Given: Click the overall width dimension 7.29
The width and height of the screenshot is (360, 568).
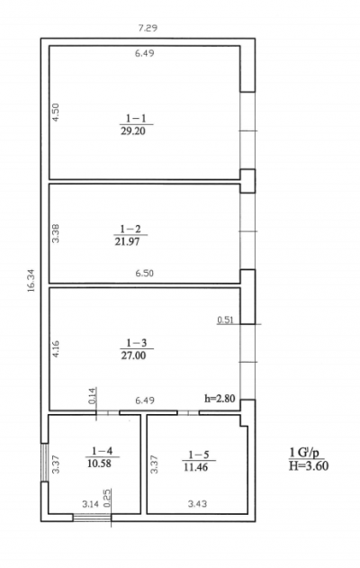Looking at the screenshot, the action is (x=148, y=28).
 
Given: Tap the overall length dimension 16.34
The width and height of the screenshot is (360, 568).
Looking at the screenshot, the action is (x=31, y=280).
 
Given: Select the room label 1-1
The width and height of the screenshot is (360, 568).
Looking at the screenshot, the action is (x=136, y=118).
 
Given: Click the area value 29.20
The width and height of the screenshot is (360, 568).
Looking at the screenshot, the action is (x=133, y=131).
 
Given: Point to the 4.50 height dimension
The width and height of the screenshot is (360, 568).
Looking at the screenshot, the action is (x=56, y=113).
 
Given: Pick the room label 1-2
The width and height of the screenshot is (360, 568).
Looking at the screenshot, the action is (x=130, y=229).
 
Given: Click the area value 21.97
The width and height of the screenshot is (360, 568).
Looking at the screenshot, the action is (x=127, y=241).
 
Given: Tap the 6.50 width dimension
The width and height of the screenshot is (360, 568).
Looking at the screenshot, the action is (x=145, y=273).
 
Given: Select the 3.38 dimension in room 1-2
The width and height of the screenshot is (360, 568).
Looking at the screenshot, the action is (x=56, y=234).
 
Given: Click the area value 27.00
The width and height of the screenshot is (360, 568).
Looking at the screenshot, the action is (x=133, y=356).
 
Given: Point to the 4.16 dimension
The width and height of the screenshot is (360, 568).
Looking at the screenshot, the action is (x=56, y=348).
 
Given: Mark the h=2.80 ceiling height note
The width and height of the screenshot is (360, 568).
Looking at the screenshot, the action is (x=220, y=399).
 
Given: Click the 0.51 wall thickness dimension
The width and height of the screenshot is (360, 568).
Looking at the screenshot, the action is (x=225, y=320).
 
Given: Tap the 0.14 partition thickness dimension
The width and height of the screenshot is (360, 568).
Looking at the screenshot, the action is (x=93, y=396).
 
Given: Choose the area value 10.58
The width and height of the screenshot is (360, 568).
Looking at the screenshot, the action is (x=99, y=464).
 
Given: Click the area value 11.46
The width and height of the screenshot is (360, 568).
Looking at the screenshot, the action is (x=196, y=467).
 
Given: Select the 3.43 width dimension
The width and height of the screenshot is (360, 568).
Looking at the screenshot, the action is (x=197, y=503).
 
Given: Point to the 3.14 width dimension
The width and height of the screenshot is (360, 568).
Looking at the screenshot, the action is (x=91, y=504).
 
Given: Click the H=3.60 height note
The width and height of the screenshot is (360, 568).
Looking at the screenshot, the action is (x=309, y=465).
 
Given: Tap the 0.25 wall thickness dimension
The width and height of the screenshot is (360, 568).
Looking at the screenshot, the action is (x=107, y=500).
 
